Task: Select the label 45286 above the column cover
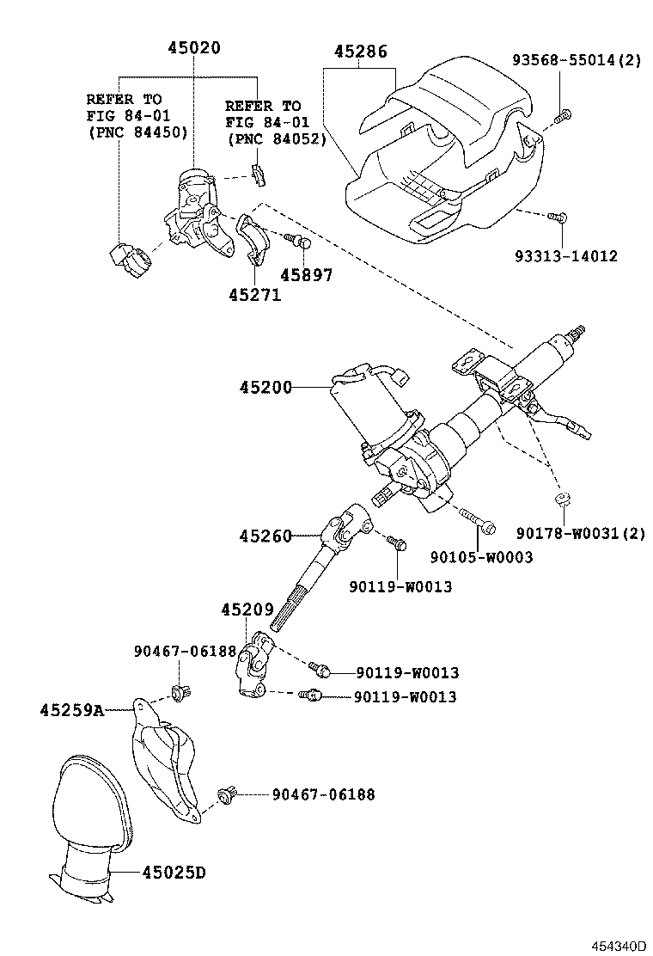coord(360,52)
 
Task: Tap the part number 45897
coord(307,275)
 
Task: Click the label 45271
coord(254,295)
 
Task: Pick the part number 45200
coord(265,389)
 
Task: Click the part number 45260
coord(265,536)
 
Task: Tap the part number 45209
coord(247,610)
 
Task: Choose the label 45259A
coord(71,710)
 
